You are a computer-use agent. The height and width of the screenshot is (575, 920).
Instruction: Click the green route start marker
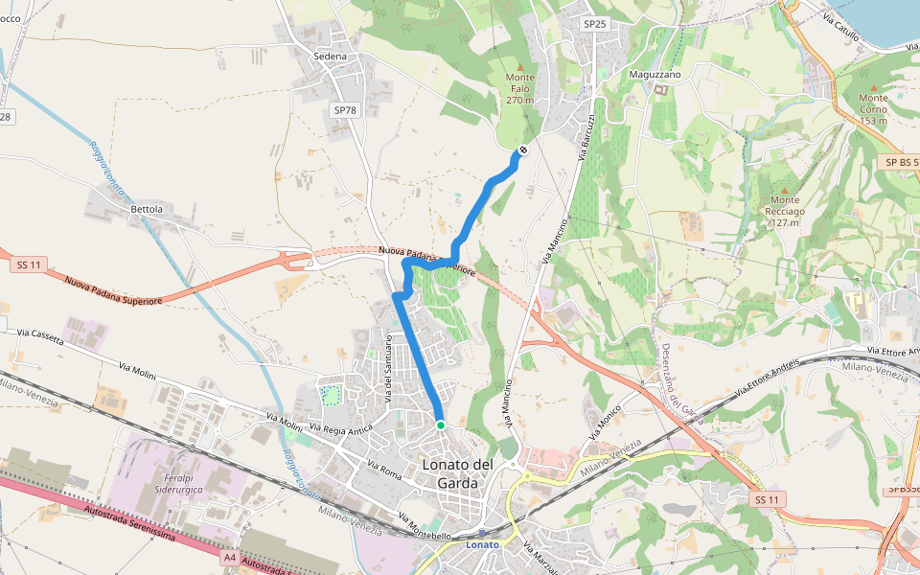(440, 425)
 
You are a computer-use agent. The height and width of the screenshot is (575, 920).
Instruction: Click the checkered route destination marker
(522, 149)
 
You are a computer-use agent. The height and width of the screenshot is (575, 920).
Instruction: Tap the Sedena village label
(330, 57)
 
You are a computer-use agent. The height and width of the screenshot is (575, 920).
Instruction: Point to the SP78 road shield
(345, 110)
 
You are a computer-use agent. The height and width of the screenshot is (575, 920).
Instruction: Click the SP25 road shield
(595, 24)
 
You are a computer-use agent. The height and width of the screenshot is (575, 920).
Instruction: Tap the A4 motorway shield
(229, 556)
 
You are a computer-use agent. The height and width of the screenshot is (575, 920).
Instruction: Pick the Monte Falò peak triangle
(520, 65)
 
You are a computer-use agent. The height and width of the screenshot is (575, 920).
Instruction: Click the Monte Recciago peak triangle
(783, 188)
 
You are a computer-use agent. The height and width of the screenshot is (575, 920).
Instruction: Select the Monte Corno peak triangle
(873, 85)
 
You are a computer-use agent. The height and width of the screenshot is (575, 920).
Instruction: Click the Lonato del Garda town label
(457, 473)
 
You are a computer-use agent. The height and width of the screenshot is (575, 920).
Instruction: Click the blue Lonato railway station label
(482, 544)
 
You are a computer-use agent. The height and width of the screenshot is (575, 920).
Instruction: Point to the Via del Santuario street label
(389, 368)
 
